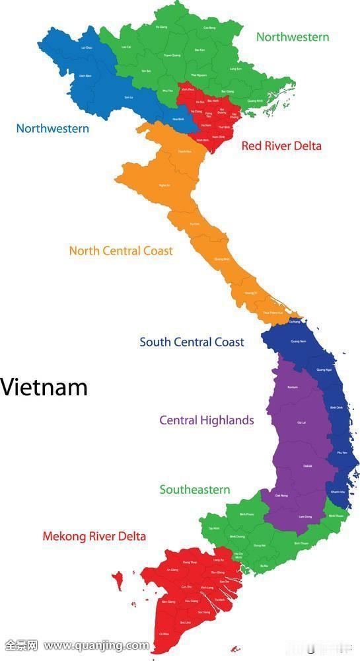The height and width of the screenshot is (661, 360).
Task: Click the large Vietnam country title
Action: pos(44,387)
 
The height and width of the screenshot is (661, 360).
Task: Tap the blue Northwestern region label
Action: pos(52,128)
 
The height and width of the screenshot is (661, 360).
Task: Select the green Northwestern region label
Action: pos(292,37)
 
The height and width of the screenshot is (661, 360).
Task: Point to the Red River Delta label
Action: pos(281,145)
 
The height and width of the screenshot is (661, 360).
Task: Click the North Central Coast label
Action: pos(121,251)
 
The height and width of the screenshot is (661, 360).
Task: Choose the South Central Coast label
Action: pos(192,342)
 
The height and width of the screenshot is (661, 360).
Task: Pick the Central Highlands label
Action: pos(206,420)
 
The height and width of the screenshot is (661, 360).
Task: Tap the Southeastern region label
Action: pos(195,490)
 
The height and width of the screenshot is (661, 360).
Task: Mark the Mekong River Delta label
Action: pos(94,536)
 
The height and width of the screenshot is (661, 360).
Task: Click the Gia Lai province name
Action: pos(301,422)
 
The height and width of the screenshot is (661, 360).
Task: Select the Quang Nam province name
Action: pos(299,342)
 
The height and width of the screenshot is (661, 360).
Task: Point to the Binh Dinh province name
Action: pos(336,408)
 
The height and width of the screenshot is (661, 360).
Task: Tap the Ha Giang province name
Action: pos(161,27)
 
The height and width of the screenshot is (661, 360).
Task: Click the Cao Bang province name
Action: pos(209,28)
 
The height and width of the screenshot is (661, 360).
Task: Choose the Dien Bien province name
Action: pos(85,76)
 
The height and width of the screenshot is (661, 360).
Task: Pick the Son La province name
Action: pos(129,97)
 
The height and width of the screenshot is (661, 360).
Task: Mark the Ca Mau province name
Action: pos(163,635)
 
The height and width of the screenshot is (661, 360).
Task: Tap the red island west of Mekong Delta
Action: pos(118,582)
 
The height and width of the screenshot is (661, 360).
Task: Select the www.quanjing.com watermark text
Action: pos(96,645)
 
